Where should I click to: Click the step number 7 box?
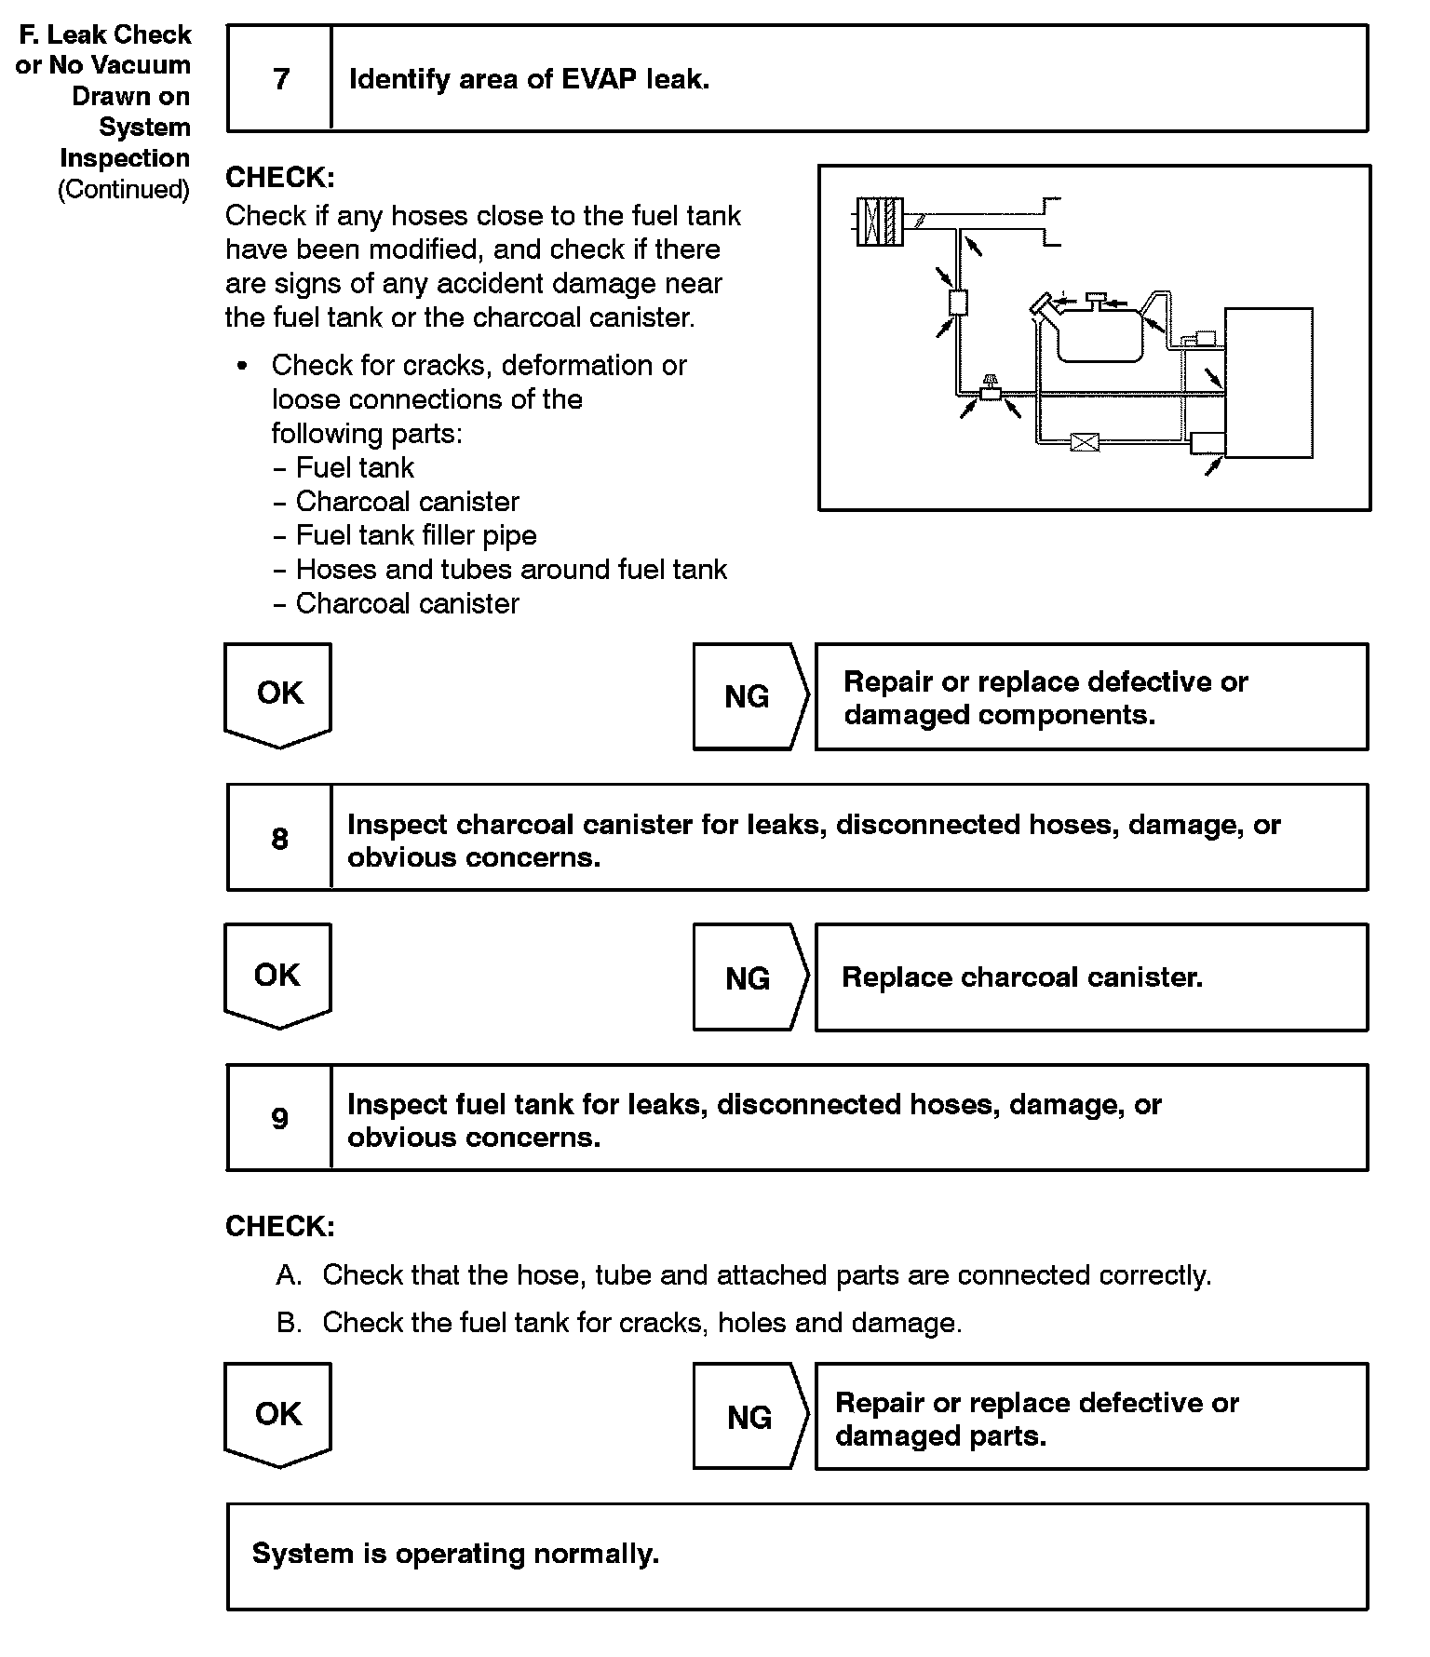tap(280, 79)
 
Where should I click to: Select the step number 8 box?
tap(279, 839)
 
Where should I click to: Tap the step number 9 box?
tap(279, 1118)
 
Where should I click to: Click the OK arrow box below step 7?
tap(278, 694)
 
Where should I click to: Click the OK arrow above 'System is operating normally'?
tap(278, 1414)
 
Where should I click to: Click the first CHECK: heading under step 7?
tap(279, 178)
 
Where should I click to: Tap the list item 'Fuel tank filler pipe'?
tap(415, 535)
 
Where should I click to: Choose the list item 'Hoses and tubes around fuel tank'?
tap(510, 570)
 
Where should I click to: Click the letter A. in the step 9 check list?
tap(289, 1275)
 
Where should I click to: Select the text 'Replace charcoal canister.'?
tap(1021, 977)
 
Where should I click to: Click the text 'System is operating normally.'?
tap(455, 1554)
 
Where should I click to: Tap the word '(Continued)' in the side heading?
tap(124, 190)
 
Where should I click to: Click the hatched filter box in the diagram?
tap(880, 222)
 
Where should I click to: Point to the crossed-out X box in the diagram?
tap(1084, 442)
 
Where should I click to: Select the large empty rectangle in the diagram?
tap(1268, 383)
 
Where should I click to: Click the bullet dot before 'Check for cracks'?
tap(243, 366)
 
